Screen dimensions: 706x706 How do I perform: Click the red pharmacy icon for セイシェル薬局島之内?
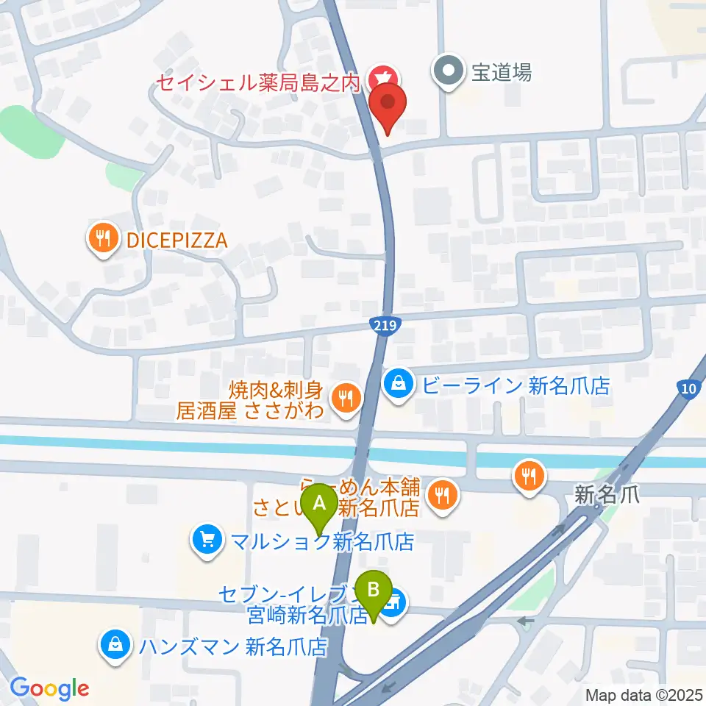tap(382, 76)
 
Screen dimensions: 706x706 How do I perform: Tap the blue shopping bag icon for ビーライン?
tap(398, 384)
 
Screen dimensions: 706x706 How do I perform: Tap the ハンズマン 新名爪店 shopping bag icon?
tap(116, 646)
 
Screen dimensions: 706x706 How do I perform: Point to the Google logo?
tap(49, 688)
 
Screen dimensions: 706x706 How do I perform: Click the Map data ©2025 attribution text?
tap(643, 694)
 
